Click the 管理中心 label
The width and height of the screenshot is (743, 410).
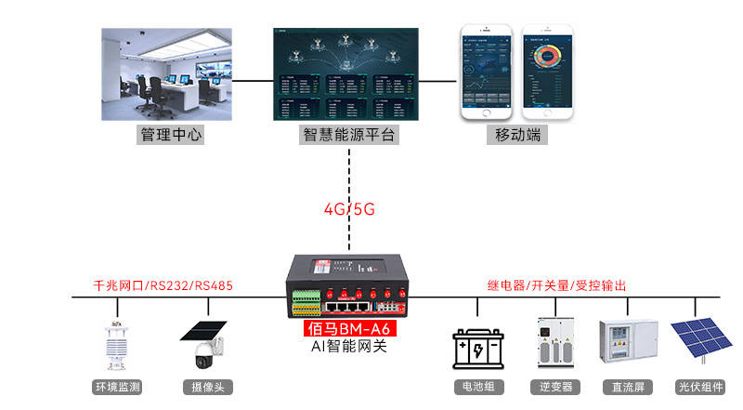(x=171, y=135)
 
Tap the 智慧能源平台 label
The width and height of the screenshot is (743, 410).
(x=349, y=135)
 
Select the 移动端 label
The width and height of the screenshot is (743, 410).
(x=515, y=135)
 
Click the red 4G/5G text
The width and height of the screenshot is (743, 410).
(x=349, y=208)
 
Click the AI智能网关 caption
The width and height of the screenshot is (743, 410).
(x=349, y=347)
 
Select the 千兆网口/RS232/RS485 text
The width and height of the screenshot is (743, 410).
(x=163, y=284)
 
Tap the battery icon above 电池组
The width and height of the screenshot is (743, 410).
(x=477, y=350)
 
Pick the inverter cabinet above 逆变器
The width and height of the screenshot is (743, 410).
(x=554, y=344)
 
